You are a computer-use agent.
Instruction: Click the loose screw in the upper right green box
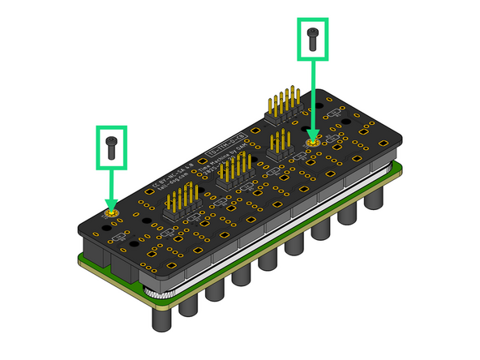click(313, 36)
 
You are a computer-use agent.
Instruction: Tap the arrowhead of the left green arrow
click(112, 204)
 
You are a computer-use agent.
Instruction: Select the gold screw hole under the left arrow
click(112, 214)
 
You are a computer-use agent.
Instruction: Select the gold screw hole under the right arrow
click(313, 142)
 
